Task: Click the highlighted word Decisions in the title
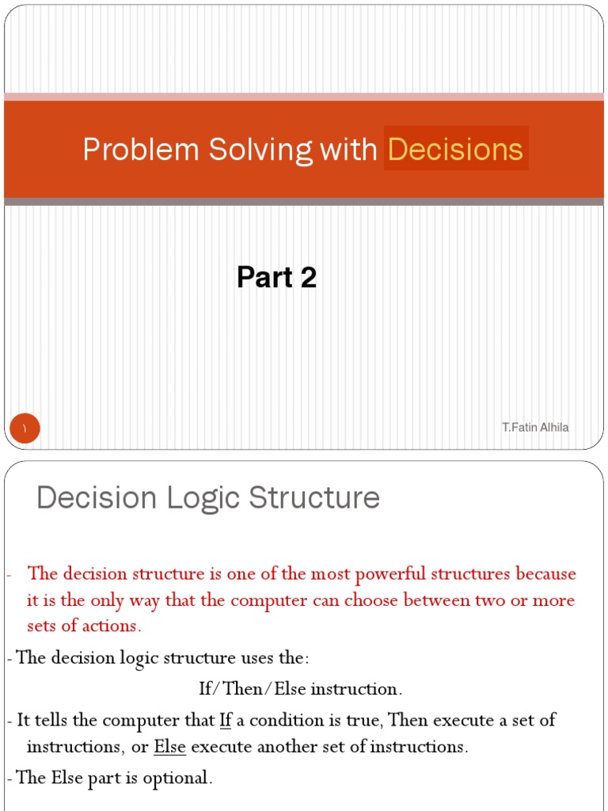click(x=456, y=150)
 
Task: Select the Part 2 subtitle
click(x=276, y=277)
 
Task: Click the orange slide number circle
click(x=25, y=428)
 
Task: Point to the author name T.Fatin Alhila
click(x=535, y=428)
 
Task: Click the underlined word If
click(x=225, y=721)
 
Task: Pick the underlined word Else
click(x=169, y=747)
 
